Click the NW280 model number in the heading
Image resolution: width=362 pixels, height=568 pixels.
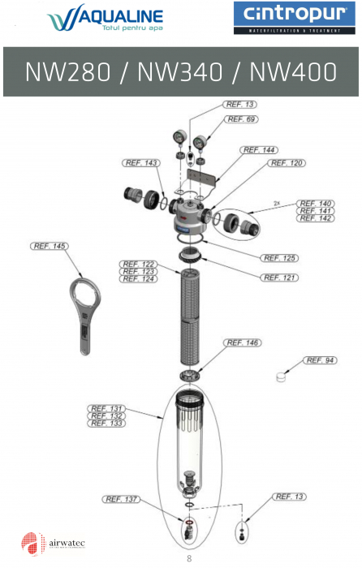point(68,72)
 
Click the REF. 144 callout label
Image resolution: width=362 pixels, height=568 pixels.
point(259,150)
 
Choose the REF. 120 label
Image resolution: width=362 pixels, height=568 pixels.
point(286,163)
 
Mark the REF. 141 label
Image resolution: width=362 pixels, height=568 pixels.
point(315,211)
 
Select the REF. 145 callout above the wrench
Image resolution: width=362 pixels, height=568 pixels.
point(50,246)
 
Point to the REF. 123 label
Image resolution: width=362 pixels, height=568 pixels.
point(138,272)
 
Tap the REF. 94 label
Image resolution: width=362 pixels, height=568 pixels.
point(320,360)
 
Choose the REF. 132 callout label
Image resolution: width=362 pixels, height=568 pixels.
point(106,415)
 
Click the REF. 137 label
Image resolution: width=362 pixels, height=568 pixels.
point(123,499)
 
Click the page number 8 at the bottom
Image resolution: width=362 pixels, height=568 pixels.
point(189,557)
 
